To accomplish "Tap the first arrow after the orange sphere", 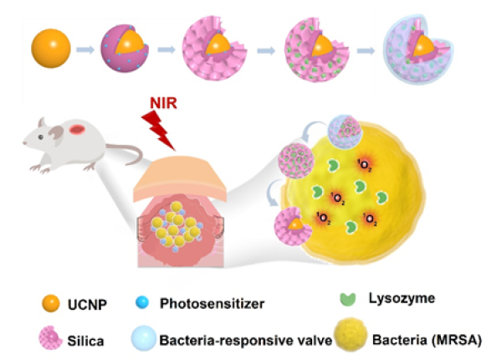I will (85, 48).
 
